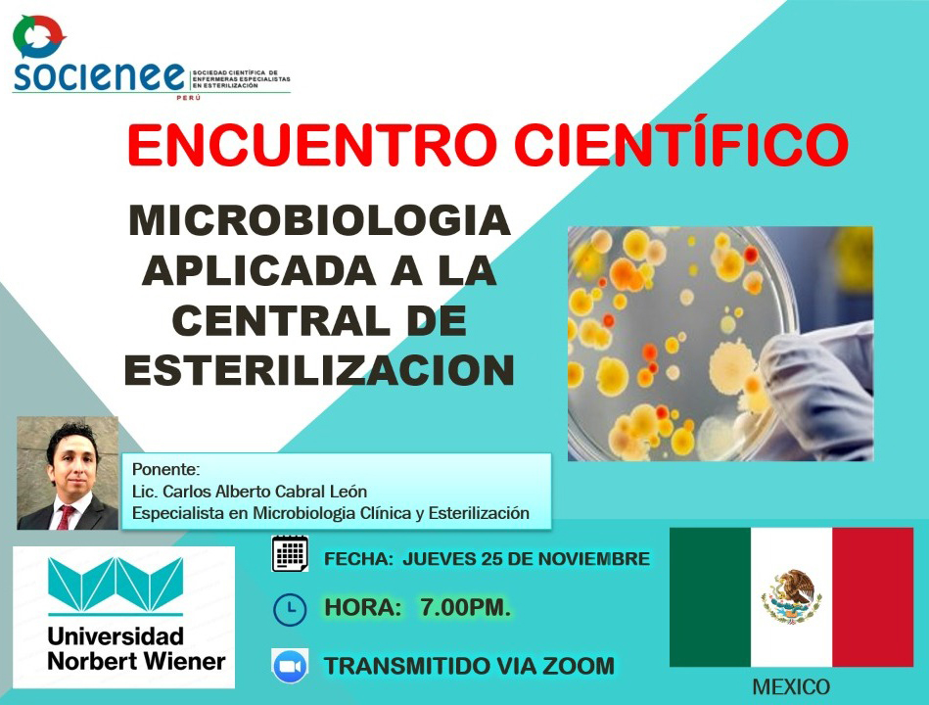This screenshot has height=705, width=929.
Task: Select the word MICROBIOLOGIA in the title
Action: [320, 220]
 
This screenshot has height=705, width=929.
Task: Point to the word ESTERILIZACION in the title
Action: [319, 371]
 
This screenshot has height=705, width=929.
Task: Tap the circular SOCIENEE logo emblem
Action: [39, 37]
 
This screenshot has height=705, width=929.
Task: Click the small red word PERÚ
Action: [189, 97]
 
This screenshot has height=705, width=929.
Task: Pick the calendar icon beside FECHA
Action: [290, 554]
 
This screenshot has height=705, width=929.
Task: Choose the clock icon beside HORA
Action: [290, 609]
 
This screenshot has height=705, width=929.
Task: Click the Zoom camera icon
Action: [290, 666]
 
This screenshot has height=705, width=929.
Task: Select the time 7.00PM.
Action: [465, 607]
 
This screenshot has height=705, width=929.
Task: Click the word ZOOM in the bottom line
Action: [579, 666]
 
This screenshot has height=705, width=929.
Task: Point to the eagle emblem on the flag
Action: [792, 596]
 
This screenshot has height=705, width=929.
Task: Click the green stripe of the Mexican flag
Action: [711, 597]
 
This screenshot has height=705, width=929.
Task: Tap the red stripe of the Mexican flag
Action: [873, 597]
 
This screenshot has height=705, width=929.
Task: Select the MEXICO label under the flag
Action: [791, 687]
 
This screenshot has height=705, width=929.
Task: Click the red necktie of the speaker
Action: [66, 517]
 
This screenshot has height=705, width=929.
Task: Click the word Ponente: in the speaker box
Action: [165, 470]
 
